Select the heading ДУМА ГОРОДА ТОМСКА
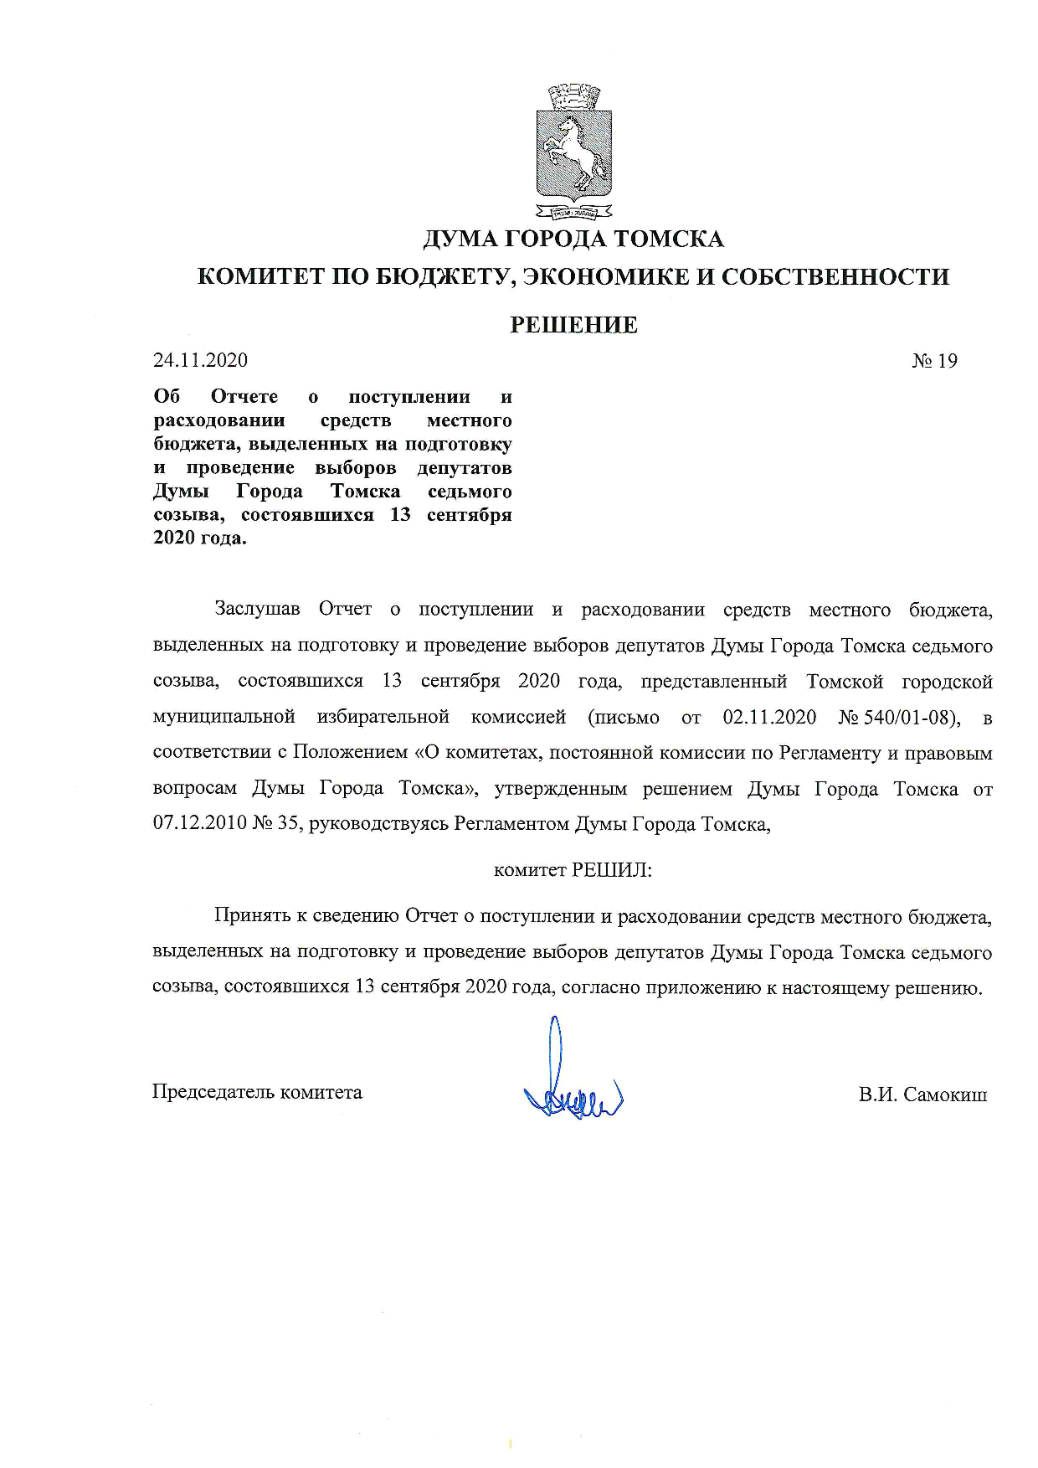point(573,240)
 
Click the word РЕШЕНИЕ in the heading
point(573,325)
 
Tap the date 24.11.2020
point(200,361)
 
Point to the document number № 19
point(934,361)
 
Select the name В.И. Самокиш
point(922,1095)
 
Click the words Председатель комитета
point(257,1092)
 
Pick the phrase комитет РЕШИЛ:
point(573,870)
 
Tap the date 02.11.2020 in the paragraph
point(768,718)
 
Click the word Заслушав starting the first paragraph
point(257,610)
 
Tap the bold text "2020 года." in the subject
point(200,538)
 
